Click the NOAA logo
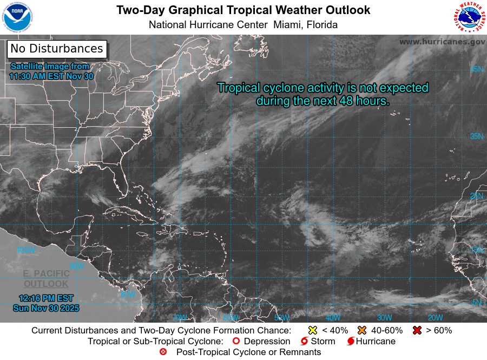18,18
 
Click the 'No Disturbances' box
57,49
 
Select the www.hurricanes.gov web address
442,41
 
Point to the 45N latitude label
476,69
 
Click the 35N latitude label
476,136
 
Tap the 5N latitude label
476,302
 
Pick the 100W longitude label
26,250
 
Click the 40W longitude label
333,318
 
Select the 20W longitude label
435,318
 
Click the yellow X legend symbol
312,330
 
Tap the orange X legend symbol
362,330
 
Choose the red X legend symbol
417,330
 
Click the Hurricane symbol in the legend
351,342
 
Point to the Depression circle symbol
235,342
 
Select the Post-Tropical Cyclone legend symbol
163,352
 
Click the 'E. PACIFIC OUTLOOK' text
46,279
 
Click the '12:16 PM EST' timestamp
46,298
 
